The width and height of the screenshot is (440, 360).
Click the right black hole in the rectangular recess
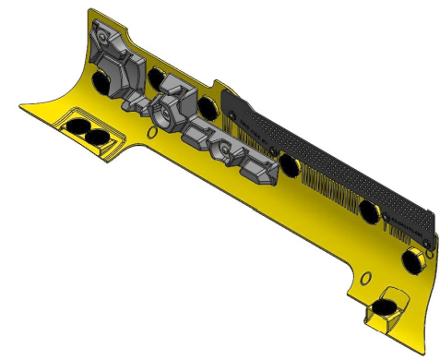tap(96, 137)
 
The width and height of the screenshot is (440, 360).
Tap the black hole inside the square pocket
tap(387, 305)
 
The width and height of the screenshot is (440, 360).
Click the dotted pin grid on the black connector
tap(323, 157)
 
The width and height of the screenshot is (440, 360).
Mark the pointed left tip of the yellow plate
tap(20, 107)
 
